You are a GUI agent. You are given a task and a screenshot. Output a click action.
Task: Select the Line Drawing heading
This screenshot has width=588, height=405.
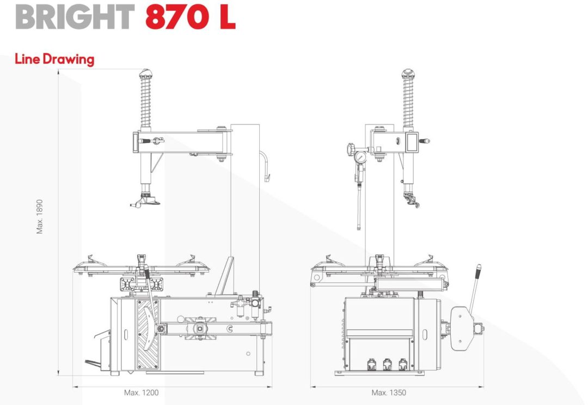tap(54, 59)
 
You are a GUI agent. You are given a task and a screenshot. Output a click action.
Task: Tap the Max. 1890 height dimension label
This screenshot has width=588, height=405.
tap(40, 216)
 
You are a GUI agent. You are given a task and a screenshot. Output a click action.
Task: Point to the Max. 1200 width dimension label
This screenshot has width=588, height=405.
tap(142, 392)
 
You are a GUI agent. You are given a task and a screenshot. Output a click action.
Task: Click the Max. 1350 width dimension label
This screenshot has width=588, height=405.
tap(389, 392)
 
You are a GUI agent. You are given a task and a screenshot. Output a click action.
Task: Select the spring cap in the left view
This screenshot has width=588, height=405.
tap(146, 72)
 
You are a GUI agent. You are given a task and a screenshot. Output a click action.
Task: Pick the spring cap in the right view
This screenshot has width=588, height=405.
tap(408, 72)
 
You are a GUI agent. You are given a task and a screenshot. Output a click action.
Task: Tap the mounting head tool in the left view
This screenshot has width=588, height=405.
tap(145, 200)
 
